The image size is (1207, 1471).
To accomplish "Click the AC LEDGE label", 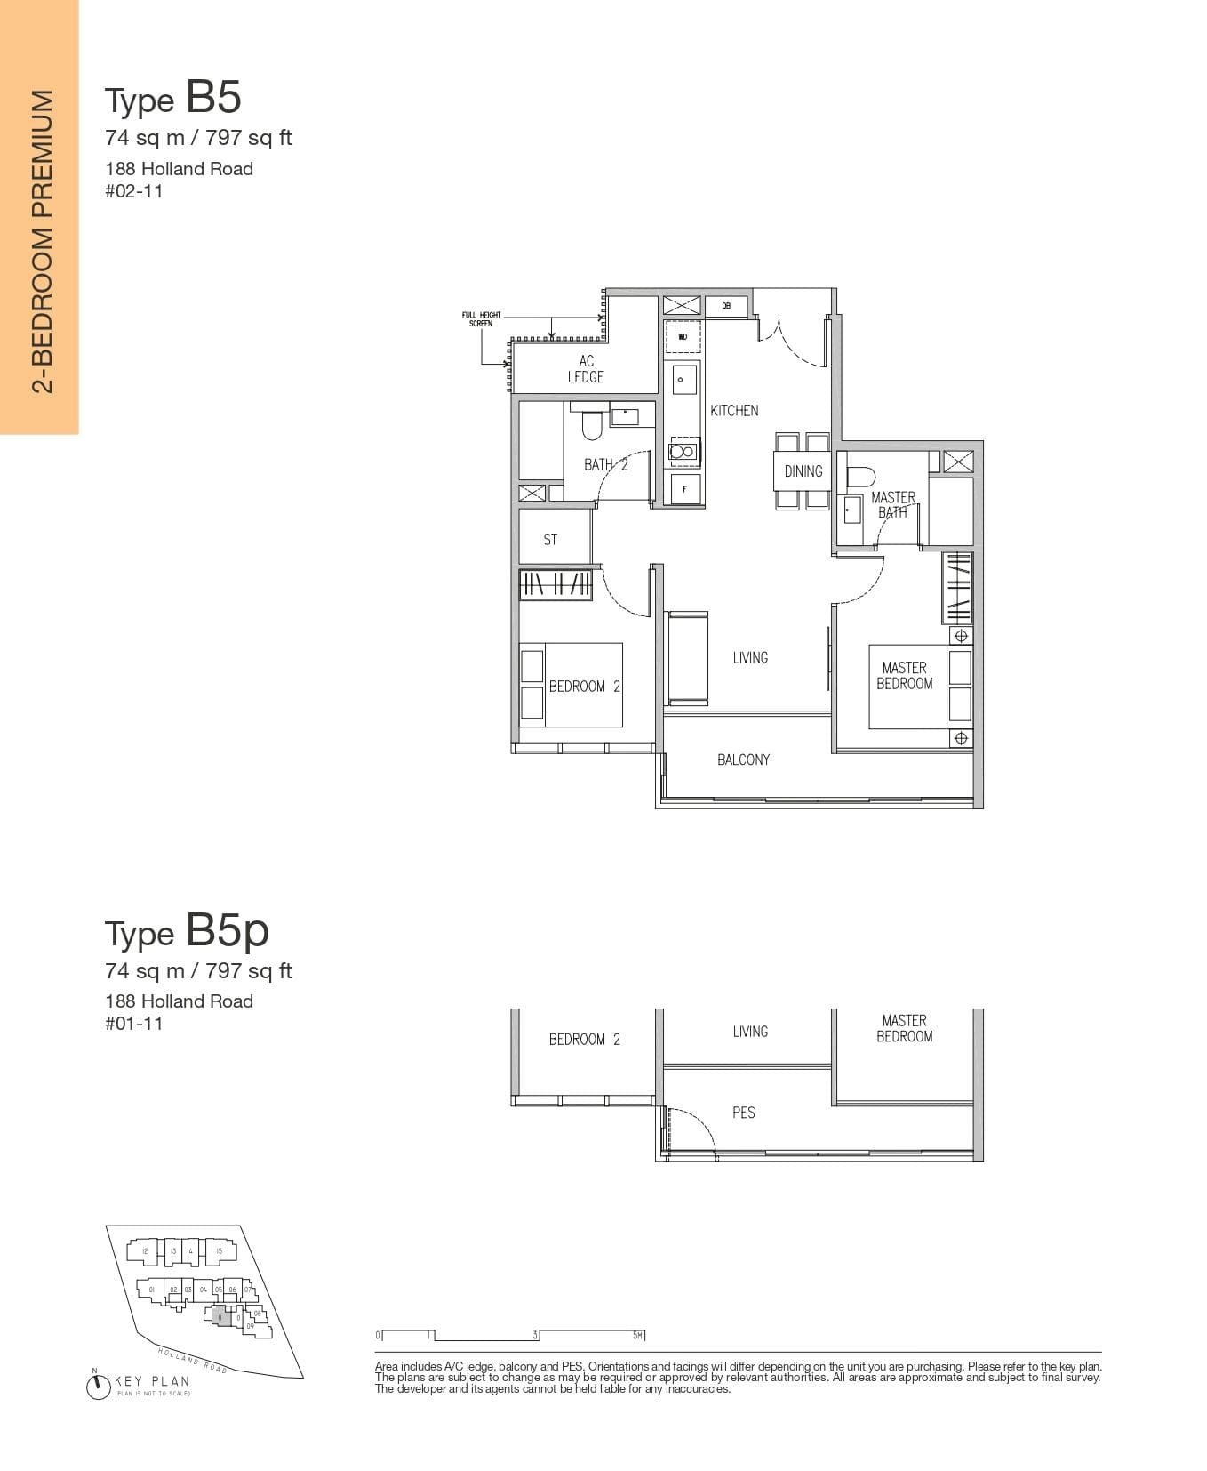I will [586, 369].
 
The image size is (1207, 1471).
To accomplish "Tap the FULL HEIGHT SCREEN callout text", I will [481, 319].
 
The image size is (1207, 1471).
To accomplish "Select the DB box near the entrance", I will [726, 306].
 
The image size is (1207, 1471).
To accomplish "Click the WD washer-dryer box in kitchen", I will [683, 337].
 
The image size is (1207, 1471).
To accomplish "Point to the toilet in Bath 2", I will [592, 426].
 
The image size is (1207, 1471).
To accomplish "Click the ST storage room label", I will [550, 540].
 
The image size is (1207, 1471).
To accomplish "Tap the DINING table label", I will [803, 471].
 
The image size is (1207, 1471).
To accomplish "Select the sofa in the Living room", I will [687, 658].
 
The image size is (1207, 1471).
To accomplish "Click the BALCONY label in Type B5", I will [743, 760].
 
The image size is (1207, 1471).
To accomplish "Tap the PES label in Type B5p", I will [743, 1113].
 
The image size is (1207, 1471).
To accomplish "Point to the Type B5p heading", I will [187, 931].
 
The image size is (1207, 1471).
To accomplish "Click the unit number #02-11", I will [134, 191].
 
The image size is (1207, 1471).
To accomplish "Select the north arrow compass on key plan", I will [98, 1386].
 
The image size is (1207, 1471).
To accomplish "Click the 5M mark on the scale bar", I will [638, 1335].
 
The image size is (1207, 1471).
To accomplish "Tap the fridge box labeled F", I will [683, 488].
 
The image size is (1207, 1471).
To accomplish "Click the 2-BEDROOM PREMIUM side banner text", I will [40, 240].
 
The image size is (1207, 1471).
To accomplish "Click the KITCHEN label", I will [734, 411].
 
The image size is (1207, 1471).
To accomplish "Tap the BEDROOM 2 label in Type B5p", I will [584, 1039].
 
